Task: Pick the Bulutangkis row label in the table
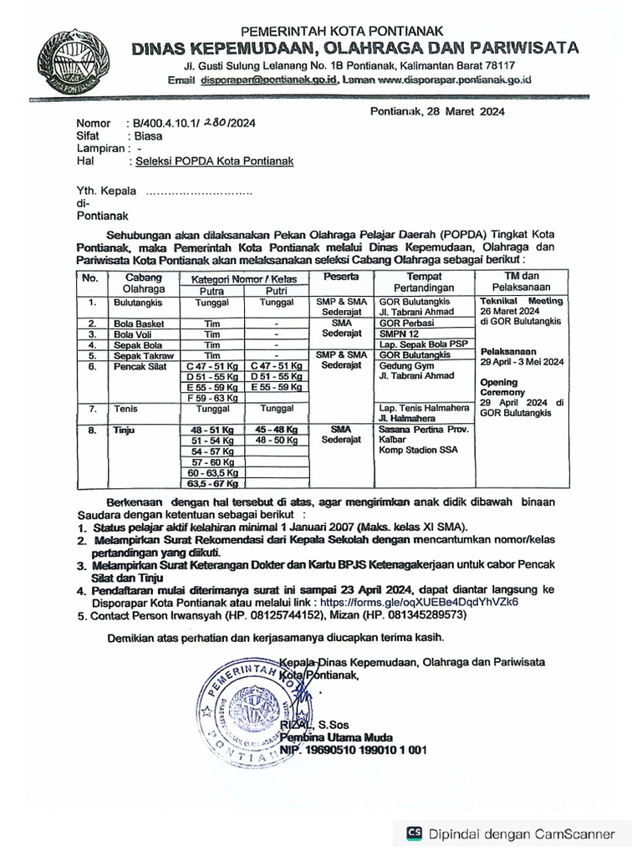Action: coord(138,302)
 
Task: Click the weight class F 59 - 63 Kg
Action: coord(212,398)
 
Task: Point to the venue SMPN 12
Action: coord(400,334)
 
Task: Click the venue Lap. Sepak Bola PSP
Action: coord(423,344)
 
